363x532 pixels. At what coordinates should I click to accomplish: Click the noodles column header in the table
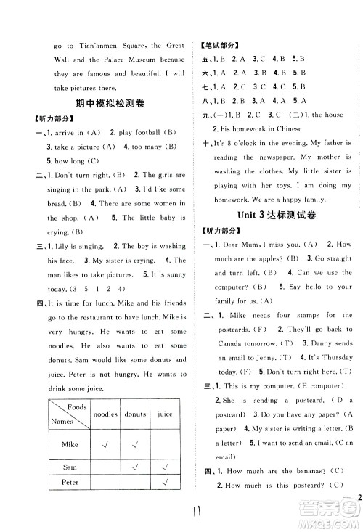click(110, 414)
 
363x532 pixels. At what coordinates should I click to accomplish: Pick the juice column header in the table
click(165, 414)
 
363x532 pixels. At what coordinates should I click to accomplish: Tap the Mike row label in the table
click(69, 444)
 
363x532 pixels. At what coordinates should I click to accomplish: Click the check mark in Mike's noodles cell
click(110, 444)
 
